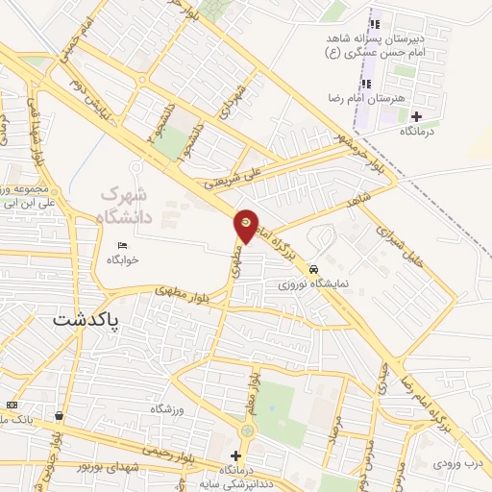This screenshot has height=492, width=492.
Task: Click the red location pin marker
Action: point(246,225)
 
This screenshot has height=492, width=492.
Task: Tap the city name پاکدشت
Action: point(88,320)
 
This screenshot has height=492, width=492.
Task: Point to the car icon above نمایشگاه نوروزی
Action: point(313,269)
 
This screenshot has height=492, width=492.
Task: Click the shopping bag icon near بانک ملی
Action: point(60,416)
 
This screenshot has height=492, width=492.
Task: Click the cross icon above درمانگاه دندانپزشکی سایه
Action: point(235,455)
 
